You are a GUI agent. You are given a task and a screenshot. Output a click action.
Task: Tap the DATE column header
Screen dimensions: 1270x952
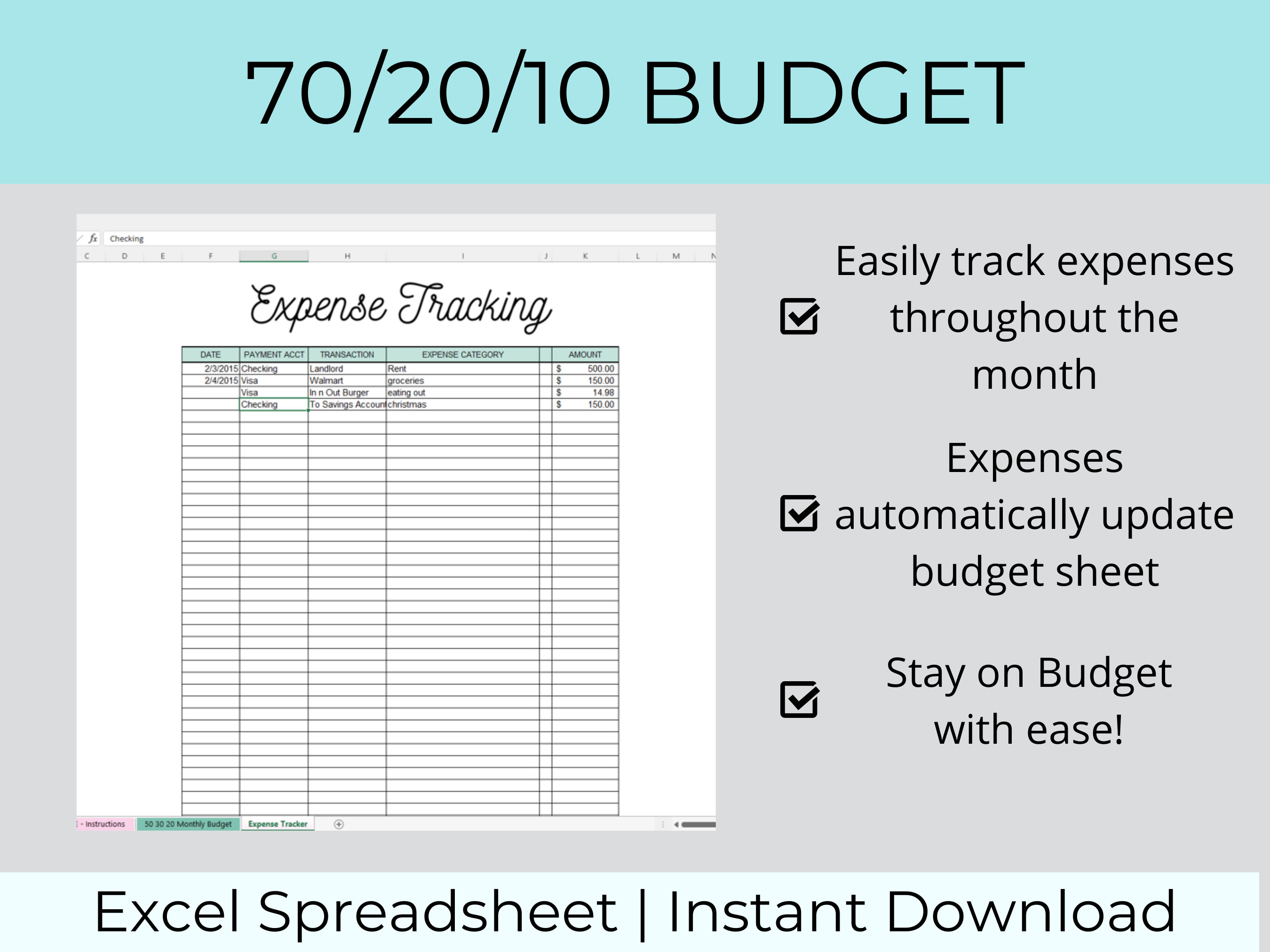pos(210,354)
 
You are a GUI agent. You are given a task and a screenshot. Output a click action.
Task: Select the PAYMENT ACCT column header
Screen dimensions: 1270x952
pos(274,354)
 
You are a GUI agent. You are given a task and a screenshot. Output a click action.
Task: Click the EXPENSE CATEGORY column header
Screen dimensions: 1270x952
pos(463,354)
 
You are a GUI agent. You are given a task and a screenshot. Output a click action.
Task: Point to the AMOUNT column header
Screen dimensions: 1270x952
pos(585,354)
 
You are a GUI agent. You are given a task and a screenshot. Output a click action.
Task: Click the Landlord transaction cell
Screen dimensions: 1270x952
pos(347,369)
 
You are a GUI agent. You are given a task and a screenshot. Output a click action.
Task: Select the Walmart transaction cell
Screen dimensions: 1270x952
pos(347,380)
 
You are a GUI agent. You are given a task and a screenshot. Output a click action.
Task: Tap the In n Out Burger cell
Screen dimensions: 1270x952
pos(347,393)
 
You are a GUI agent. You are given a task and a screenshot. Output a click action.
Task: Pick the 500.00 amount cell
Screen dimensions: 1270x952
pos(585,369)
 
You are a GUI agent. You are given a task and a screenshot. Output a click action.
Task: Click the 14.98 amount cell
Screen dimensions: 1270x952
pos(585,393)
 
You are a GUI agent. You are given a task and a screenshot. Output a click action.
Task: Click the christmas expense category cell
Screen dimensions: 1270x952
pos(463,405)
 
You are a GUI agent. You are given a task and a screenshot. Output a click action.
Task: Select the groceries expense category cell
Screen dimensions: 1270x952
pos(463,380)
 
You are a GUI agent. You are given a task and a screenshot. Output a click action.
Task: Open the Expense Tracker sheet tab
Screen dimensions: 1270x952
pos(278,824)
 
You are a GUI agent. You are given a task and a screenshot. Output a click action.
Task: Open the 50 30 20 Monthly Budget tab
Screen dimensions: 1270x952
pos(188,824)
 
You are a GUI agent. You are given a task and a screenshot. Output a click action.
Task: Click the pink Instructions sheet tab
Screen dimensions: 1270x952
pos(104,824)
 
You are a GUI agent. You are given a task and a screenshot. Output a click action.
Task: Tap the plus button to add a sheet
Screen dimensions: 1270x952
pos(339,825)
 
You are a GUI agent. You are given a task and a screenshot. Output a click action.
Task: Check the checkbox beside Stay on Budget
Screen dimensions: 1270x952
pos(799,700)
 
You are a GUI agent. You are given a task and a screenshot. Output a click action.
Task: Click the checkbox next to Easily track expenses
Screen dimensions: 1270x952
pos(799,316)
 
